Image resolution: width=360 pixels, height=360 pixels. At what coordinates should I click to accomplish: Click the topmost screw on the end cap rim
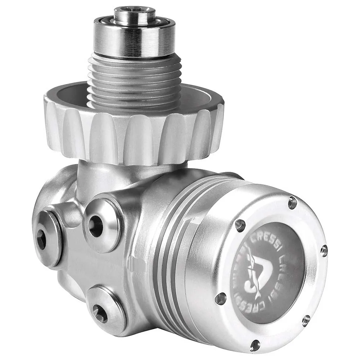point(292,203)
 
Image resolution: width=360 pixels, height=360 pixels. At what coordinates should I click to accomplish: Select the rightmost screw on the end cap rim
point(324,251)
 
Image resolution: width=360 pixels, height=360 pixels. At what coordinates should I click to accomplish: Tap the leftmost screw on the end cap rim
point(220,298)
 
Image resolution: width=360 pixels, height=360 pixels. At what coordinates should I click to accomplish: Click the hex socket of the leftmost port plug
point(41,240)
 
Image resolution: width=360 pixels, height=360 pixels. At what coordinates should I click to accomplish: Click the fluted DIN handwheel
point(133,137)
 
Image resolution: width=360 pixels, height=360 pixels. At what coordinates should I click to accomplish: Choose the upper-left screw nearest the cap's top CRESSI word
point(240,226)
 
